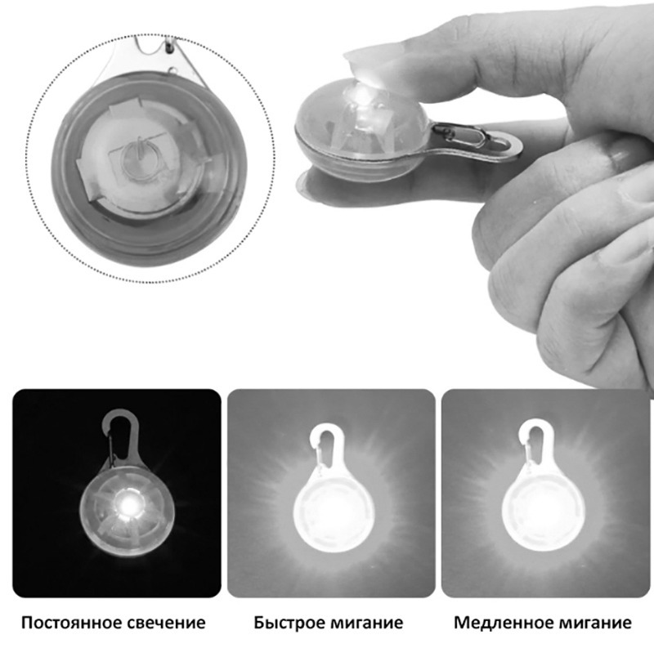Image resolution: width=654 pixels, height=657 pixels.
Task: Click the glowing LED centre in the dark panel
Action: pos(129,506)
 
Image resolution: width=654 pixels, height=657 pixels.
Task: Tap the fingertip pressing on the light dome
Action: pos(369,71)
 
